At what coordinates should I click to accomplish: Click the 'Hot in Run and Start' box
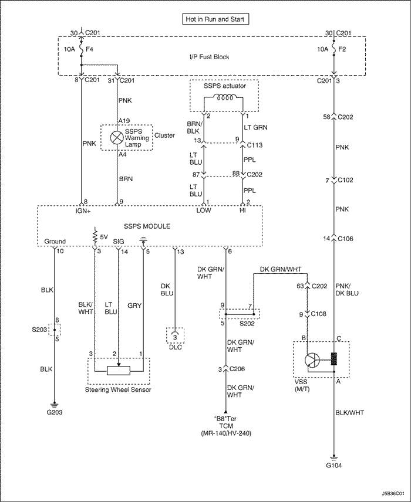tap(215, 19)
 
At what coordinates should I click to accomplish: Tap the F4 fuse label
tap(89, 49)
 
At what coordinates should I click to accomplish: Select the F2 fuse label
tap(342, 49)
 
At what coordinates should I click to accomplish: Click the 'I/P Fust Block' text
tap(209, 57)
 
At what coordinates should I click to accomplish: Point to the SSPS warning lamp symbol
tap(116, 138)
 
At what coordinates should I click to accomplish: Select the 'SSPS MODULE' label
tap(147, 226)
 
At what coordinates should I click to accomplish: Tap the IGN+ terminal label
tap(83, 211)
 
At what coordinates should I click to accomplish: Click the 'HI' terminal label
tap(242, 211)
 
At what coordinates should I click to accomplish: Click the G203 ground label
tap(55, 412)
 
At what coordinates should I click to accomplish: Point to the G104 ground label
tap(333, 465)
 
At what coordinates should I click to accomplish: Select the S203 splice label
tap(39, 330)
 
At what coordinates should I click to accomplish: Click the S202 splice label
tap(247, 324)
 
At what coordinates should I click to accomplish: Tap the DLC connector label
tap(175, 347)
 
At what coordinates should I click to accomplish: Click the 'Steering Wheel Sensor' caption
tap(118, 389)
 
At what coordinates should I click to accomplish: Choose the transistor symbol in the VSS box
tap(312, 360)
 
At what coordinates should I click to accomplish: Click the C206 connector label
tap(237, 369)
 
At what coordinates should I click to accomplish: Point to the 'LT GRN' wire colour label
tap(255, 127)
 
